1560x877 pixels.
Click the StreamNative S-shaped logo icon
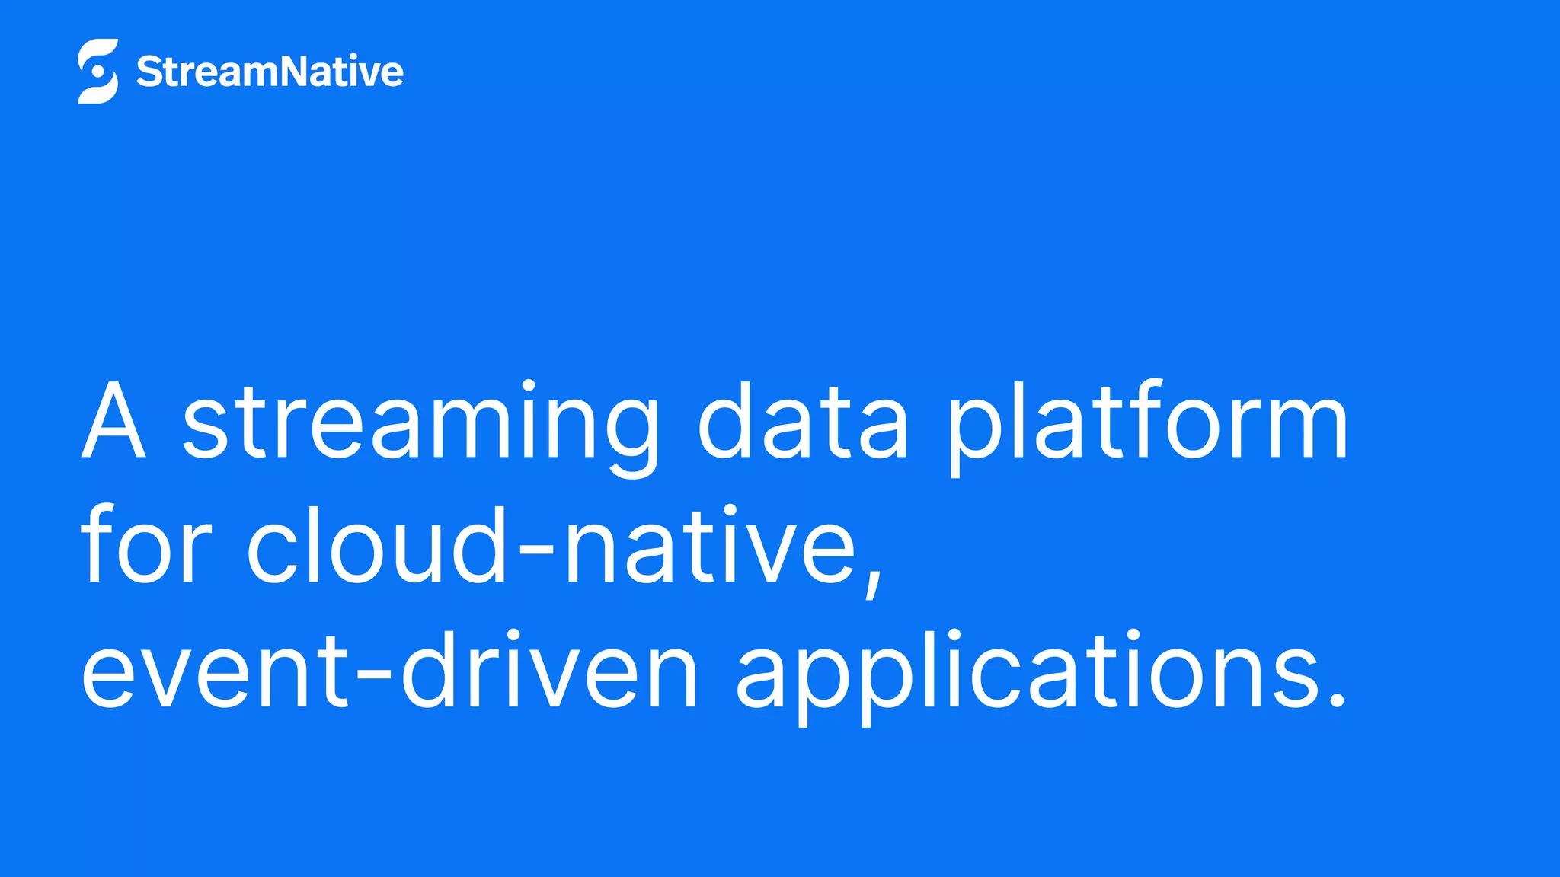click(x=98, y=71)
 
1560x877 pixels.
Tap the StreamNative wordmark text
click(x=270, y=72)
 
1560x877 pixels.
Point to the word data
click(x=804, y=422)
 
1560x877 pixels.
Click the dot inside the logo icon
click(x=97, y=72)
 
